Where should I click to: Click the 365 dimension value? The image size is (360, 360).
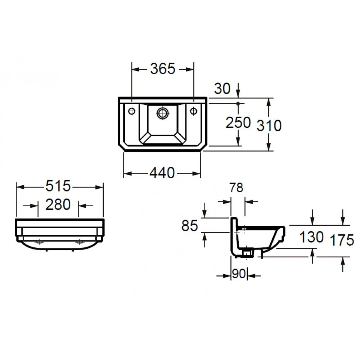click(x=163, y=68)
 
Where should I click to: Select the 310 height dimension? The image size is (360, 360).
click(x=269, y=126)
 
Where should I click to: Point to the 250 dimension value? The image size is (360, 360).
click(x=238, y=122)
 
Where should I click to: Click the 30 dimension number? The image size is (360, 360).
click(x=222, y=89)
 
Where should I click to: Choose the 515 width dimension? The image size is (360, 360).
click(x=58, y=186)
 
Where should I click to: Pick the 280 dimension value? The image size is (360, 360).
click(x=58, y=204)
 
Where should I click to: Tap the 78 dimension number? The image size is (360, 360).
click(x=236, y=188)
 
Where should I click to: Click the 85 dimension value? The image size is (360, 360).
click(x=190, y=225)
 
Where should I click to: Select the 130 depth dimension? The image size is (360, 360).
click(x=311, y=237)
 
